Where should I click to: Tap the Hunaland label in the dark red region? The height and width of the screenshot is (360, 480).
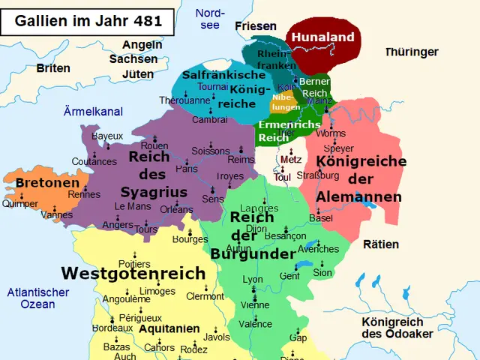(x=322, y=37)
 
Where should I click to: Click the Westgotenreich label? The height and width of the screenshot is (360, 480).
(x=133, y=273)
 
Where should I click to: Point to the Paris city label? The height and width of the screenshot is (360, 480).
(x=186, y=169)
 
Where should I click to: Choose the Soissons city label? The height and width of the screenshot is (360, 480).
(x=210, y=151)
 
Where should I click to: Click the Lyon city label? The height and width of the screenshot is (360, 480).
(x=253, y=279)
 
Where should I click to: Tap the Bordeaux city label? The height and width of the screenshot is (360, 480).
(x=112, y=328)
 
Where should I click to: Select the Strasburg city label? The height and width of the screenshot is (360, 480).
(x=318, y=175)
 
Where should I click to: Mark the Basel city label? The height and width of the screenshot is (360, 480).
(x=320, y=217)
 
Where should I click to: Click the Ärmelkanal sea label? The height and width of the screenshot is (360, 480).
(x=93, y=112)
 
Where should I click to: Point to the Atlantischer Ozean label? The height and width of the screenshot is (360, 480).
(x=37, y=298)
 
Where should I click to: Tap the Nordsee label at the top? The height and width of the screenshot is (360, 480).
(x=209, y=19)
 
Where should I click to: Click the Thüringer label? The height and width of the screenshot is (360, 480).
(x=411, y=52)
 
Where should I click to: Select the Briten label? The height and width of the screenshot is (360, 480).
(x=53, y=68)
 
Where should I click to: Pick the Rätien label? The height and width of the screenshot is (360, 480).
(x=381, y=244)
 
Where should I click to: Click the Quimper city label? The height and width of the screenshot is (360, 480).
(x=19, y=203)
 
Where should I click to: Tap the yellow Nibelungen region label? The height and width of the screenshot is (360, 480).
(x=285, y=102)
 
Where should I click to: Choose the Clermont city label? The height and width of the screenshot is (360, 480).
(x=205, y=296)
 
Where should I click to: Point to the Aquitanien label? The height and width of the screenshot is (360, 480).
(x=169, y=328)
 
